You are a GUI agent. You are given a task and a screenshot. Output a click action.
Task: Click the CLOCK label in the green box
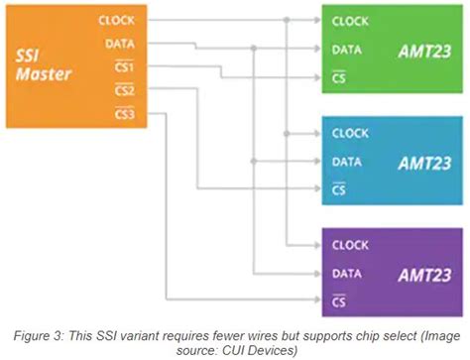(x=350, y=21)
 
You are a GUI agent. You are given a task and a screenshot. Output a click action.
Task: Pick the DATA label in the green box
(x=347, y=49)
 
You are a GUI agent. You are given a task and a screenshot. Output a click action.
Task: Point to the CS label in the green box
(x=339, y=75)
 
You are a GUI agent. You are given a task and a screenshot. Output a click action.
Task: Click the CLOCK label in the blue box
(x=350, y=133)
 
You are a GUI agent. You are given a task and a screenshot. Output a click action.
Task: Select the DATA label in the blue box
(x=347, y=161)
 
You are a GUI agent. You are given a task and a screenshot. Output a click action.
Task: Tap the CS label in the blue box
(x=339, y=187)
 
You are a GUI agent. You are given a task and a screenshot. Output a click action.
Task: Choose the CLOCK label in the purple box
(x=350, y=244)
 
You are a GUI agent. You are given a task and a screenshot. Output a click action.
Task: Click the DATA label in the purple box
(x=347, y=272)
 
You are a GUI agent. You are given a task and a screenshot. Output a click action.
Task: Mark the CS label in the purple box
(x=339, y=299)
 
